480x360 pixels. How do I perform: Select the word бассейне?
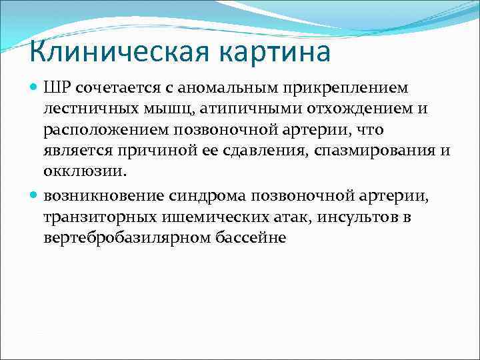tap(253, 237)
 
